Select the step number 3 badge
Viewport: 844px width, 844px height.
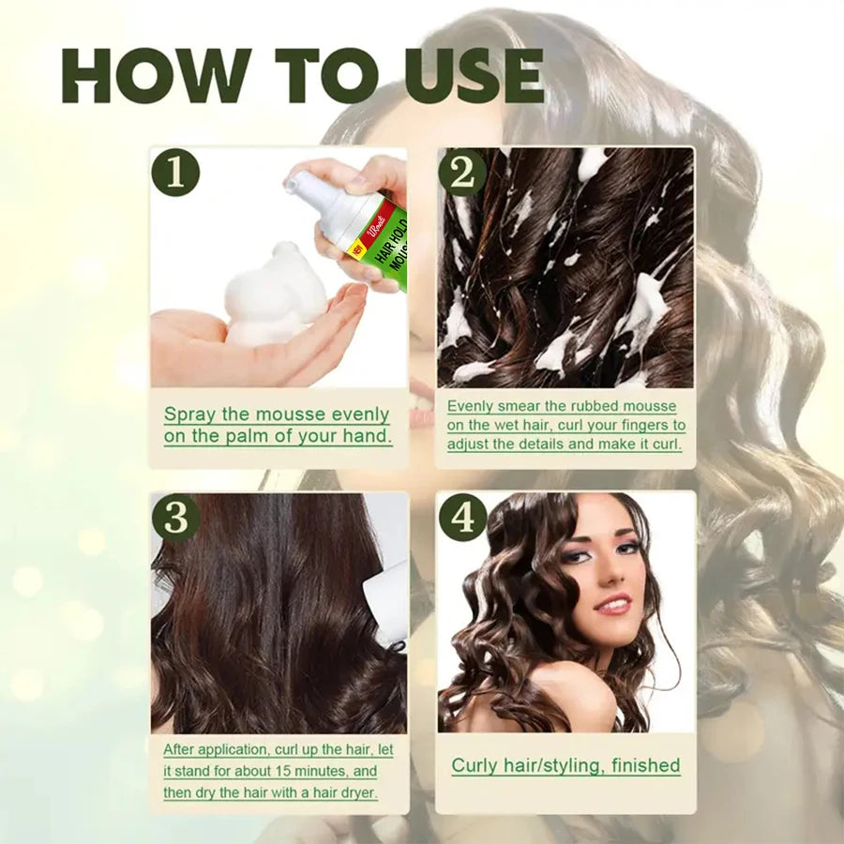pyautogui.click(x=175, y=518)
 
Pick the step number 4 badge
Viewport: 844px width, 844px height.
pyautogui.click(x=462, y=518)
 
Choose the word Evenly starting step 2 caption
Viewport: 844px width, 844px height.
pyautogui.click(x=469, y=406)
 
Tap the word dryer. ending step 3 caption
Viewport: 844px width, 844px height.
pyautogui.click(x=355, y=792)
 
